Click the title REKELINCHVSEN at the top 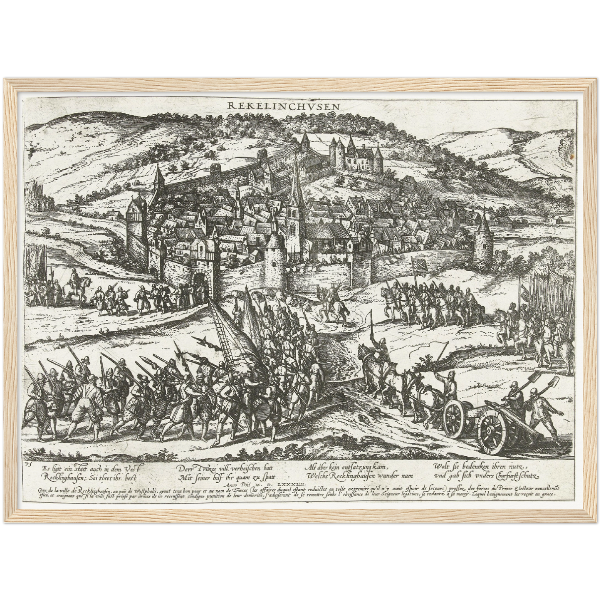[284, 106]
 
